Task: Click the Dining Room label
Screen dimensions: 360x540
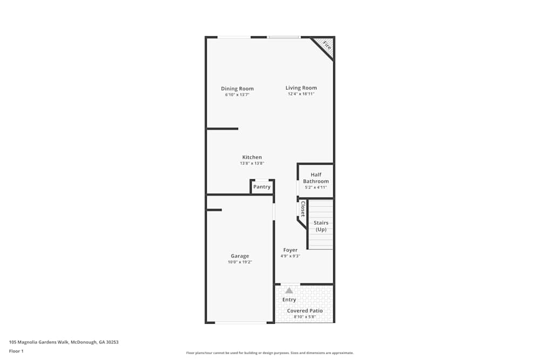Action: pyautogui.click(x=237, y=89)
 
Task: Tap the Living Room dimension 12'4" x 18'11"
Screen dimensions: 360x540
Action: pyautogui.click(x=301, y=94)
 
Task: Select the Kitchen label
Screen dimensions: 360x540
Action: pyautogui.click(x=252, y=157)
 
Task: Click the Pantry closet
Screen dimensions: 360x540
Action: pyautogui.click(x=262, y=187)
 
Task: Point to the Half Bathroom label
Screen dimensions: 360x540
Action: pyautogui.click(x=316, y=178)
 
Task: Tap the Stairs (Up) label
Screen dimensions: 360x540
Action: pyautogui.click(x=321, y=226)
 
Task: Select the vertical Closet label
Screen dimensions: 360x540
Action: pyautogui.click(x=303, y=208)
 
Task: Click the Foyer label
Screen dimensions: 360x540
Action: pyautogui.click(x=290, y=250)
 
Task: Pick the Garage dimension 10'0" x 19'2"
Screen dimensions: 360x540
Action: pyautogui.click(x=240, y=262)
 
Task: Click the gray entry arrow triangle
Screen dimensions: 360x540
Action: pyautogui.click(x=289, y=290)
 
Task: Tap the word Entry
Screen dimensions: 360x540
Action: pyautogui.click(x=289, y=300)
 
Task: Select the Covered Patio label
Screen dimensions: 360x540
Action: pyautogui.click(x=305, y=311)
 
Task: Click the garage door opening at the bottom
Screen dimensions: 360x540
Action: pyautogui.click(x=240, y=323)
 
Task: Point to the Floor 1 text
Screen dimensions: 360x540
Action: pyautogui.click(x=16, y=351)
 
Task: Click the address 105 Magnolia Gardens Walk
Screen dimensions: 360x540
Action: pyautogui.click(x=64, y=342)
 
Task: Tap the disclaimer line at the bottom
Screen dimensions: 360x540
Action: pyautogui.click(x=269, y=352)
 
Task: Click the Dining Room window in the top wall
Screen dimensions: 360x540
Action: pyautogui.click(x=234, y=37)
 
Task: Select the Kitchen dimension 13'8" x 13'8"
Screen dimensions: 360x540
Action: pyautogui.click(x=252, y=163)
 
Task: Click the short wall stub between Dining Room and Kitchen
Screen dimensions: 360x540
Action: pyautogui.click(x=222, y=128)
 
